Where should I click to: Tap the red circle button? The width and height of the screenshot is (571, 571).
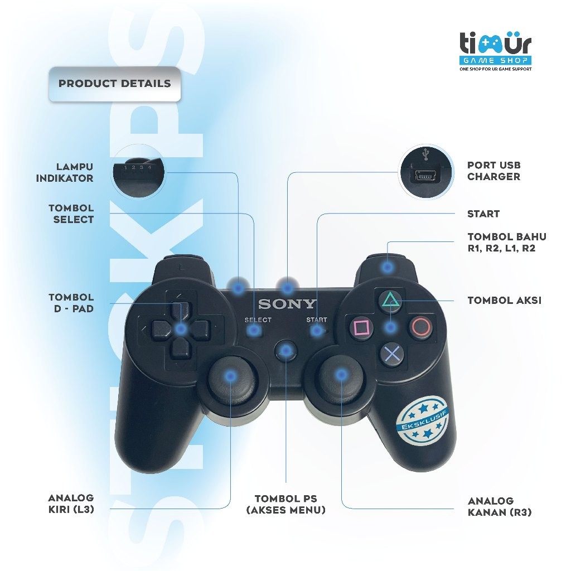[x=421, y=326]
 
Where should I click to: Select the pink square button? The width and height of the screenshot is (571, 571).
[x=360, y=327]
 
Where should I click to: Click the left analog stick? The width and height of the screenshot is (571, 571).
[x=229, y=378]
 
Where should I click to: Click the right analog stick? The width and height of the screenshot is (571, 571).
[x=340, y=375]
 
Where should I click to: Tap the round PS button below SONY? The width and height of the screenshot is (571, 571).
[x=286, y=350]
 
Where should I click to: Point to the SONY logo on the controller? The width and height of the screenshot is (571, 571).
[x=287, y=304]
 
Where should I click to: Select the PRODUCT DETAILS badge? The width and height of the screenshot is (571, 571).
[x=114, y=84]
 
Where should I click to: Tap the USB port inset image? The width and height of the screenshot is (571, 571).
[x=424, y=171]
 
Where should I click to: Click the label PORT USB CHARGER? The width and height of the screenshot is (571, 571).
[x=493, y=171]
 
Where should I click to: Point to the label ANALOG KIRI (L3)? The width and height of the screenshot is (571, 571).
[x=71, y=502]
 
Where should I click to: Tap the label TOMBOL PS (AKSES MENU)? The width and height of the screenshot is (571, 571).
[x=285, y=504]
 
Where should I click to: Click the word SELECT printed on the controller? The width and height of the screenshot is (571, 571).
[x=258, y=320]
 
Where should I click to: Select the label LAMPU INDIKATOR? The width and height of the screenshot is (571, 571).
[x=65, y=172]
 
